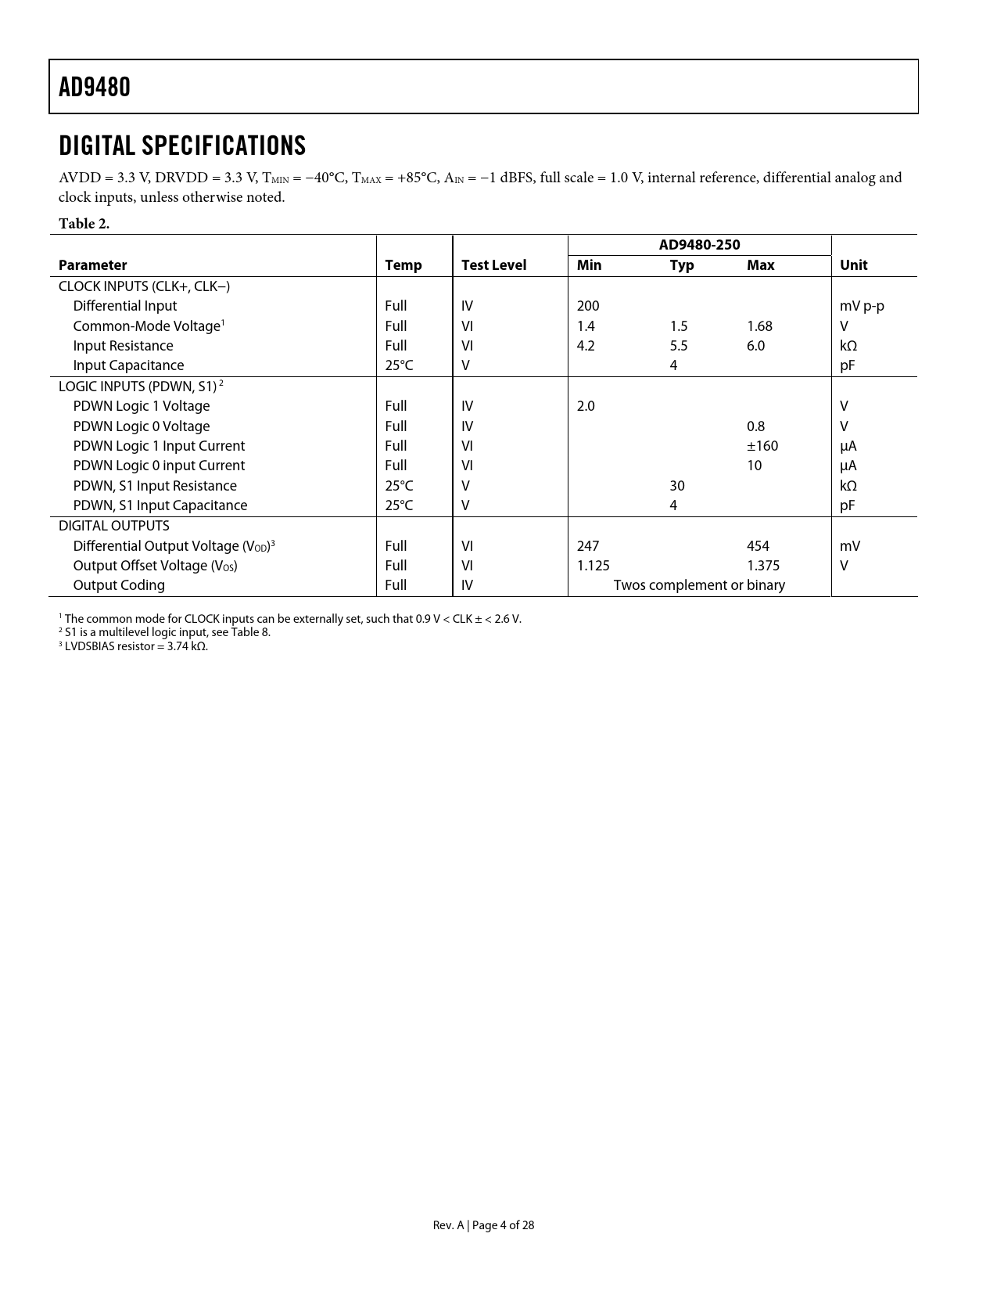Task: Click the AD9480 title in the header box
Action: click(95, 87)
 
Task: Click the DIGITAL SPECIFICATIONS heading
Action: click(182, 146)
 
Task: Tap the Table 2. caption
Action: click(84, 224)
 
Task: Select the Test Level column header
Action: click(493, 265)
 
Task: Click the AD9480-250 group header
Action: click(699, 245)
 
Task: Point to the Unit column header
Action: click(853, 265)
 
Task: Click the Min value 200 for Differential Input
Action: click(588, 306)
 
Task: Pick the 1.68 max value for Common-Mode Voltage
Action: click(759, 326)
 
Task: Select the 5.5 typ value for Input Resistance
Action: click(679, 346)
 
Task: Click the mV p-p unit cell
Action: click(862, 306)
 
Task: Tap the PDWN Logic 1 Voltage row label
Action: click(142, 406)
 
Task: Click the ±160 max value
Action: click(762, 446)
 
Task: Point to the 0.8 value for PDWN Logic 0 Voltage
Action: click(755, 426)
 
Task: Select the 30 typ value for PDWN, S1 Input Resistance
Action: click(677, 486)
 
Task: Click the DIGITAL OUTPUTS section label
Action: click(114, 526)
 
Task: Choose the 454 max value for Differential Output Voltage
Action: click(758, 546)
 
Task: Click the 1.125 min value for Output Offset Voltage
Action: click(593, 566)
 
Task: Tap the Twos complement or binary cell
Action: click(699, 585)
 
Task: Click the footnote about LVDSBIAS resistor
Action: click(134, 646)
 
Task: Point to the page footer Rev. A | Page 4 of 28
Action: click(483, 1225)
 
